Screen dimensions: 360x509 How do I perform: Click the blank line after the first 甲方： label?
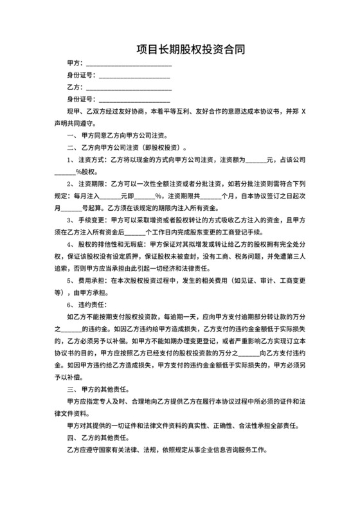coord(129,64)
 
